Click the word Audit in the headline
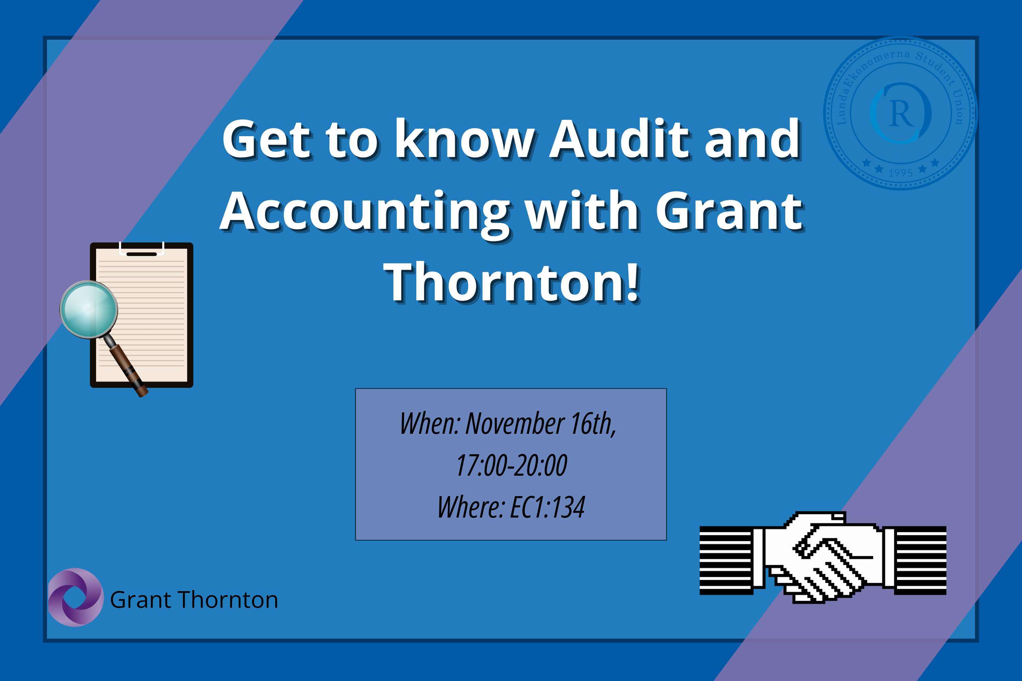pos(620,139)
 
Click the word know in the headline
pos(465,139)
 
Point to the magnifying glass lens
pos(89,309)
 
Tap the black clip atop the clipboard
pos(141,254)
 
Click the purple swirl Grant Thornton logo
pos(76,597)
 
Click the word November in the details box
pos(515,424)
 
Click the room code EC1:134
pos(547,507)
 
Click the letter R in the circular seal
pos(901,114)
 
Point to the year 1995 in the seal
pos(901,173)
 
